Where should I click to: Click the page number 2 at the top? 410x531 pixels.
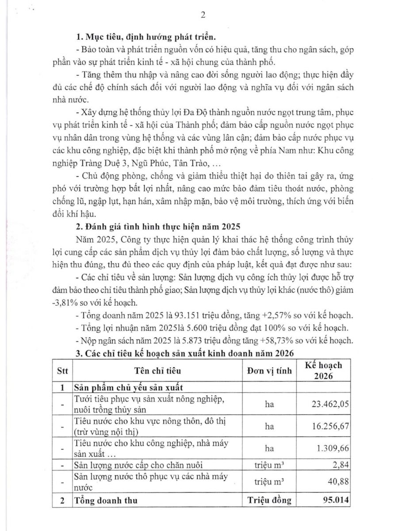tap(203, 15)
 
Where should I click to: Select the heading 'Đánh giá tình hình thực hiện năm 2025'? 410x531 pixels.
tap(157, 227)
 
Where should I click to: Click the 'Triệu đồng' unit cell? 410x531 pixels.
tap(269, 500)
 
